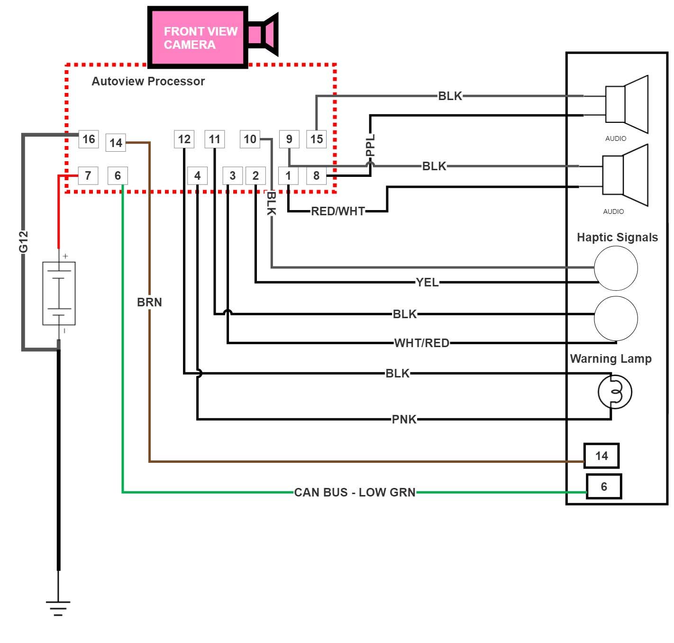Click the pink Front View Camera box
[198, 38]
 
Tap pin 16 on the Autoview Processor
[89, 139]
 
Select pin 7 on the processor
[88, 175]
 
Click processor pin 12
[184, 139]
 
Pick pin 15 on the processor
[317, 139]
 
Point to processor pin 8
[316, 175]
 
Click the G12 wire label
[23, 241]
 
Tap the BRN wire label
[149, 302]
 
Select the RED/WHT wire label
[338, 211]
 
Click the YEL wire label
[427, 282]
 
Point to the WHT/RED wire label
[421, 343]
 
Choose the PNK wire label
[404, 419]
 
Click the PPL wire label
[371, 145]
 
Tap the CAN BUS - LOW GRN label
[355, 492]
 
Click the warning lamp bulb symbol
[615, 392]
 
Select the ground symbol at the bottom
[58, 607]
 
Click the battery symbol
[59, 293]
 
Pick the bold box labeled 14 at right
[601, 456]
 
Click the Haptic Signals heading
[617, 237]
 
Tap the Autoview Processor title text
[148, 81]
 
